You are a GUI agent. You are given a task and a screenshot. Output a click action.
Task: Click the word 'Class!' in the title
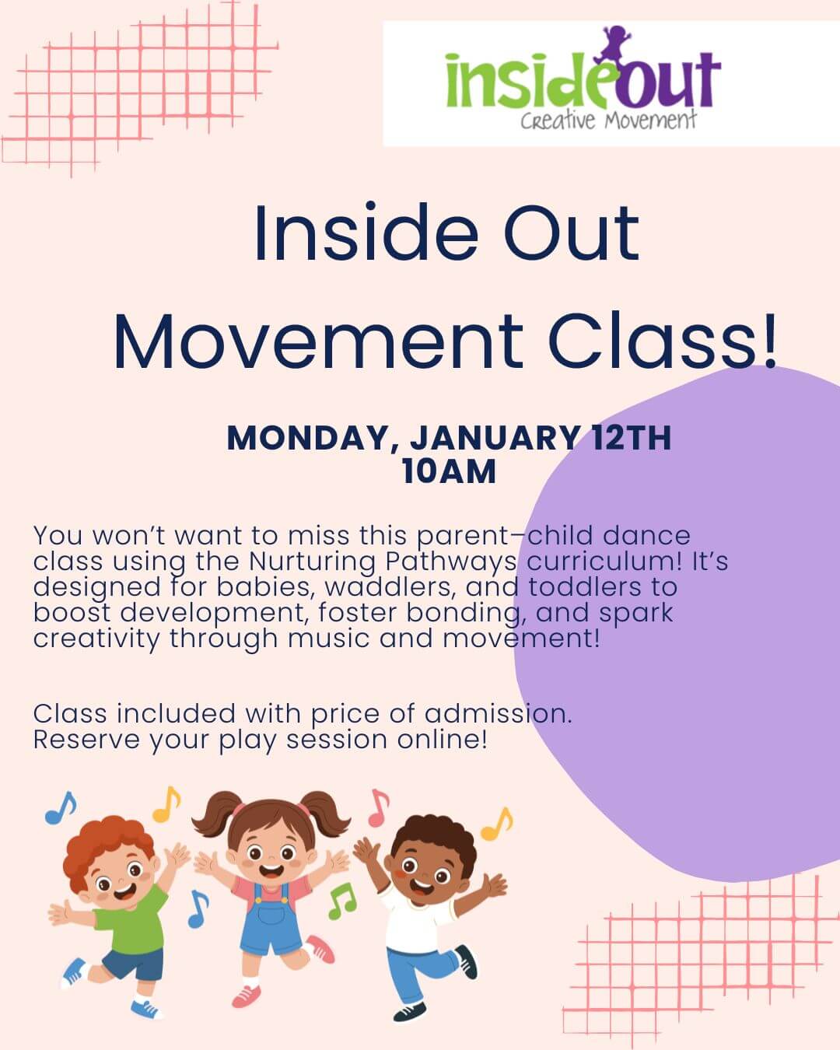click(x=663, y=341)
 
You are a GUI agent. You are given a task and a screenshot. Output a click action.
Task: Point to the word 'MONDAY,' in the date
click(x=307, y=438)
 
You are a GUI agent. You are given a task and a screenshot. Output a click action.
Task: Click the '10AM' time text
click(x=449, y=471)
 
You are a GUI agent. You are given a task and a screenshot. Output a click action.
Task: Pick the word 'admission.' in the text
click(x=499, y=713)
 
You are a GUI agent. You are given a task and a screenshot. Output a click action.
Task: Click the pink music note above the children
click(x=378, y=808)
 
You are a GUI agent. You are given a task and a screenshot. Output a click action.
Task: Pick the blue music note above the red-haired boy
click(x=61, y=808)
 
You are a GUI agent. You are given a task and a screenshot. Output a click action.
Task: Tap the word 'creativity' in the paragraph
click(x=96, y=639)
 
